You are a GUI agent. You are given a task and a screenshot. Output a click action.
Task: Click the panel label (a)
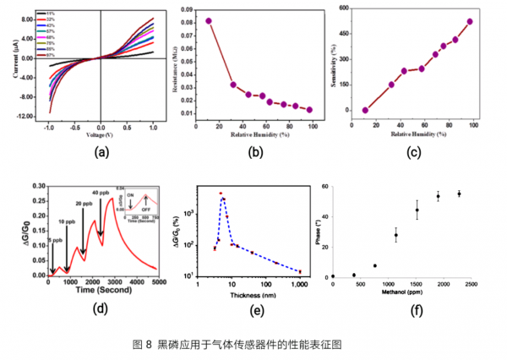pos(102,152)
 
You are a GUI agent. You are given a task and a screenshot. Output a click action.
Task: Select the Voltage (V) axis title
pos(101,134)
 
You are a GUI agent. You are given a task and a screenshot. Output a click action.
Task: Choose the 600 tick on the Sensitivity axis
pos(342,8)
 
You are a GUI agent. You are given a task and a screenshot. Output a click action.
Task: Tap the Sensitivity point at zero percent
pos(366,110)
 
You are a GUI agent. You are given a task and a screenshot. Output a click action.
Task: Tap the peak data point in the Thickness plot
pos(221,194)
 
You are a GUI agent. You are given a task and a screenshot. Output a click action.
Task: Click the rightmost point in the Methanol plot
pos(459,194)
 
